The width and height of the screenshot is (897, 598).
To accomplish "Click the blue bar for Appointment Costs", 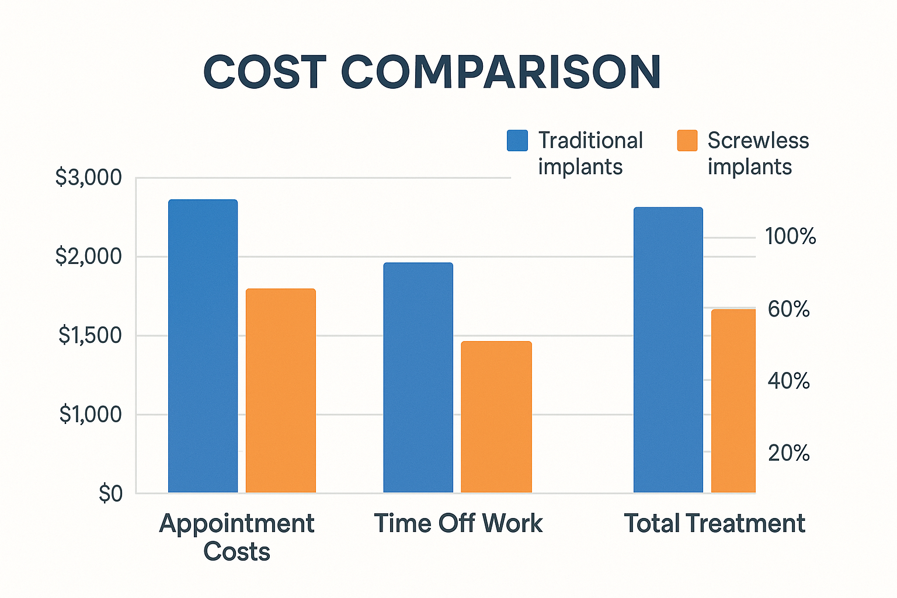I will [203, 346].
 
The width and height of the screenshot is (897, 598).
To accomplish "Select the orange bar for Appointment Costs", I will [280, 390].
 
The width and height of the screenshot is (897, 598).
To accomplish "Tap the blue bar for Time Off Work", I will [418, 377].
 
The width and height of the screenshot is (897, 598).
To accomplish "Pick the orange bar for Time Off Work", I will [496, 416].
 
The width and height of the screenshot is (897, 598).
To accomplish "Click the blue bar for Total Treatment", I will [668, 349].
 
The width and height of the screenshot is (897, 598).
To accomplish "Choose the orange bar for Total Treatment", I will [733, 401].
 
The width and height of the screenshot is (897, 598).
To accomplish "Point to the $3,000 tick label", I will [89, 178].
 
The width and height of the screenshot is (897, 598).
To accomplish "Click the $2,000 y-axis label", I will [89, 256].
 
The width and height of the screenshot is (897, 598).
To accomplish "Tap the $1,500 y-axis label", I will [90, 335].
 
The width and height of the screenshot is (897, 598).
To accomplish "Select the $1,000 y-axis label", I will [91, 415].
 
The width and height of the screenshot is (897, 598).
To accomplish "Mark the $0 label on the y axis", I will [110, 494].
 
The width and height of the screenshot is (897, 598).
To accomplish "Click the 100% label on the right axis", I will [790, 237].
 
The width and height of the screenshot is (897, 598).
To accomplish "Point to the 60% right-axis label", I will [788, 309].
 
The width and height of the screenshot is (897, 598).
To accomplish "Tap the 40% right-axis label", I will [788, 381].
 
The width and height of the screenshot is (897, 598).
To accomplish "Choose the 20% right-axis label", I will [788, 453].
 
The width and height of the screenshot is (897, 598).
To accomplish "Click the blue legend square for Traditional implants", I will [517, 141].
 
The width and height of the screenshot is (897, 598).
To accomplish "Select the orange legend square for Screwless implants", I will [687, 141].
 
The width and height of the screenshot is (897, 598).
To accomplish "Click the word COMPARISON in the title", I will [500, 72].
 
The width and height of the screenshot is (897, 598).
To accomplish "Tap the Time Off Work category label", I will [458, 523].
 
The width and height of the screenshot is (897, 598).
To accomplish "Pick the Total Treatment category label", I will [714, 523].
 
